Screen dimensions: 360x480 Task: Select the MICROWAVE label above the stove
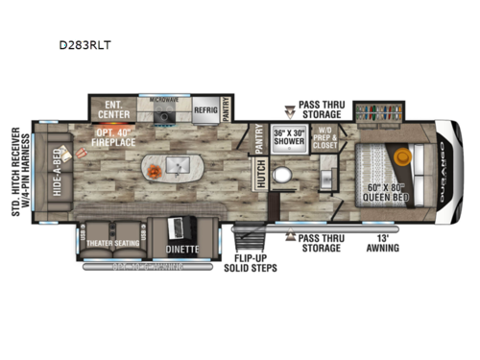[x=164, y=97]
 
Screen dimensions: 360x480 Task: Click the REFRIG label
[x=204, y=110]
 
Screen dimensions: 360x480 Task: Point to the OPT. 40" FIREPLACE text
[x=119, y=135]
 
